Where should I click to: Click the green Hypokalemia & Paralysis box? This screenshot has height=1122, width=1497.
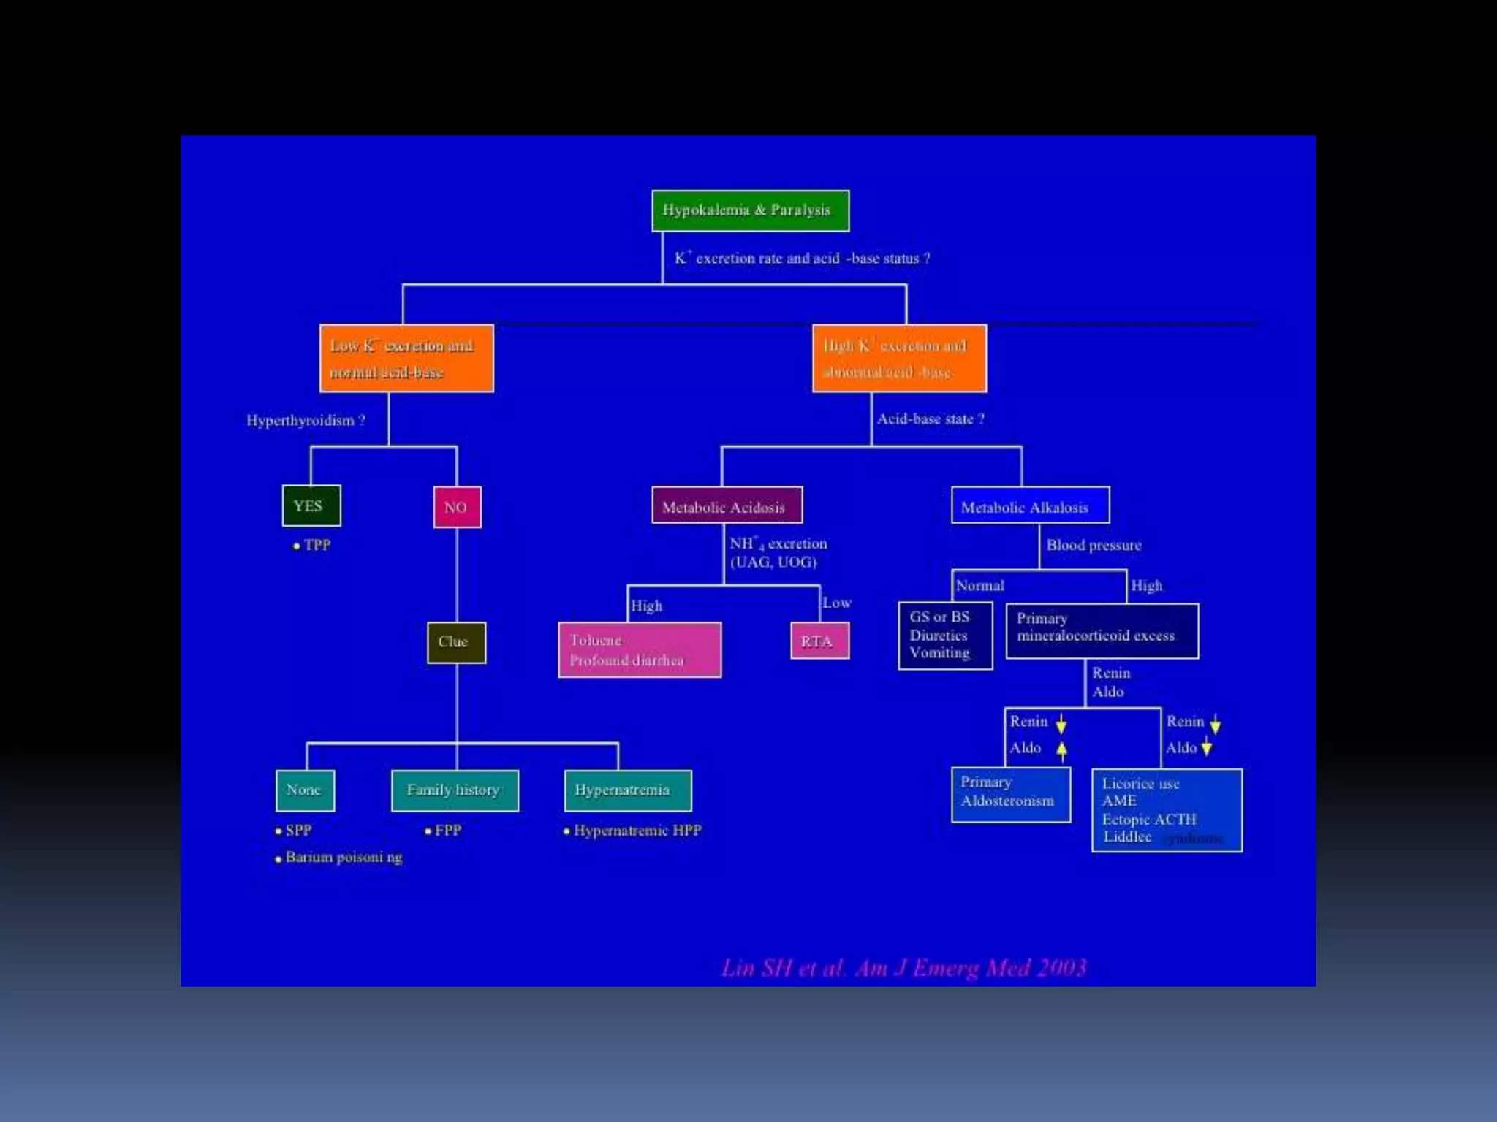(x=750, y=210)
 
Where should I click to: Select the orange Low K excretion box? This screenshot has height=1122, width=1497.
(x=406, y=358)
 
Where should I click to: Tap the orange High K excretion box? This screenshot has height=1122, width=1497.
(x=899, y=358)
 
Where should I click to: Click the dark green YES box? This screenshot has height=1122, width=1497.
(x=311, y=505)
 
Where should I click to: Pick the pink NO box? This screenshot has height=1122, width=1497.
(x=457, y=507)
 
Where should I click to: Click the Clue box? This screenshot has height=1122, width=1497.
(x=456, y=642)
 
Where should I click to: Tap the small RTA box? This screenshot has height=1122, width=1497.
(x=819, y=641)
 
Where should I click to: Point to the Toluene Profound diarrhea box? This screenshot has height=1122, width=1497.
(x=640, y=649)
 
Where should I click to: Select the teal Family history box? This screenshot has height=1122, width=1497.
(x=455, y=790)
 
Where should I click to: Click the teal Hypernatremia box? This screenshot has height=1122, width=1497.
(x=627, y=790)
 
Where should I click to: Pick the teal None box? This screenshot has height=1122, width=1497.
(x=305, y=790)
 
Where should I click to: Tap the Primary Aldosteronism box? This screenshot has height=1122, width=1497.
(x=1010, y=794)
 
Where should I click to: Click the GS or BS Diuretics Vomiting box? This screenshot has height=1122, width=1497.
(x=945, y=636)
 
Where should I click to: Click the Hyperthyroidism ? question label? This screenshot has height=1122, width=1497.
(x=306, y=421)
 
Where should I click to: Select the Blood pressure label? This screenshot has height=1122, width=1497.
(x=1094, y=545)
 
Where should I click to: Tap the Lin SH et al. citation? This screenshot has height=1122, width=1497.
(x=903, y=968)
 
